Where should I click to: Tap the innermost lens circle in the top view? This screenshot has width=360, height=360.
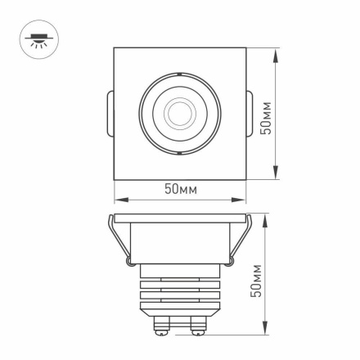(x=179, y=112)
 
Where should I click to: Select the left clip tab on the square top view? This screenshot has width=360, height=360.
(x=109, y=113)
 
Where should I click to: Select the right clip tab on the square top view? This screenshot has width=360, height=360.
(x=250, y=113)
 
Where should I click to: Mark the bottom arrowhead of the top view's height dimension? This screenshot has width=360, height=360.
(x=275, y=178)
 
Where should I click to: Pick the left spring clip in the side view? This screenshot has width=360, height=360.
(x=120, y=241)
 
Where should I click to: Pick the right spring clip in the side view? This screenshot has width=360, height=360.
(x=238, y=241)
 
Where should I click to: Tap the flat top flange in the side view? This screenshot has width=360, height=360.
(x=179, y=218)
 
